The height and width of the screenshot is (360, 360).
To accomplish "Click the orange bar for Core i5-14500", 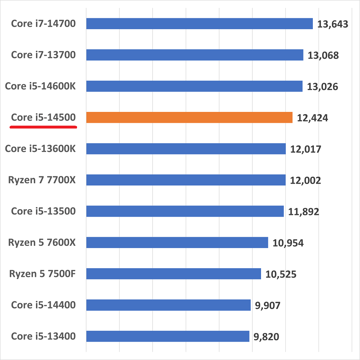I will pyautogui.click(x=189, y=118).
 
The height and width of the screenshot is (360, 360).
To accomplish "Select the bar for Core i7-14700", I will pyautogui.click(x=199, y=24).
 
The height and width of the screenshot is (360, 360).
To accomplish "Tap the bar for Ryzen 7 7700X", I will pyautogui.click(x=186, y=180).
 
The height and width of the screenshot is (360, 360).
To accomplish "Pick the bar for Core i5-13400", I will pyautogui.click(x=168, y=336).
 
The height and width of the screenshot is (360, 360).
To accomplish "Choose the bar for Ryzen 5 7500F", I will pyautogui.click(x=174, y=274).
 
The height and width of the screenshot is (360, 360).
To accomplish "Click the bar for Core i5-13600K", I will pyautogui.click(x=186, y=149).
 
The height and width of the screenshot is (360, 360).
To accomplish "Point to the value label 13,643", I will pyautogui.click(x=333, y=24).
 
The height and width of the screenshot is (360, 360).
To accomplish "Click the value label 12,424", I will pyautogui.click(x=312, y=118).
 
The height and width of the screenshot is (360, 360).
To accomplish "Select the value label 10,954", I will pyautogui.click(x=288, y=243).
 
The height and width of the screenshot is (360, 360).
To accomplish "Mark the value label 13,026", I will pyautogui.click(x=323, y=87).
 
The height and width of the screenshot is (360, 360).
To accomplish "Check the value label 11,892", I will pyautogui.click(x=303, y=212).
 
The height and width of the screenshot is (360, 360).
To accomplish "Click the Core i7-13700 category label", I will pyautogui.click(x=43, y=55).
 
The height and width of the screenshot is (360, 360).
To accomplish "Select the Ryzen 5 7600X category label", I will pyautogui.click(x=42, y=243).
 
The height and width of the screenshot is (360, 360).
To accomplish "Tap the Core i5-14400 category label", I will pyautogui.click(x=43, y=305).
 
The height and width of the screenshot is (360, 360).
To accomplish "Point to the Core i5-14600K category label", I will pyautogui.click(x=40, y=86).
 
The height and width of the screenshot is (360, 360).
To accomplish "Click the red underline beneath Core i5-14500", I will pyautogui.click(x=43, y=127).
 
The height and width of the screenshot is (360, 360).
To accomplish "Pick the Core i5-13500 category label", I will pyautogui.click(x=43, y=211).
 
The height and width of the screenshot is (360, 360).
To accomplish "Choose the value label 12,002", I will pyautogui.click(x=305, y=180).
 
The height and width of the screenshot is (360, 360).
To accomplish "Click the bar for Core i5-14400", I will pyautogui.click(x=168, y=305).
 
